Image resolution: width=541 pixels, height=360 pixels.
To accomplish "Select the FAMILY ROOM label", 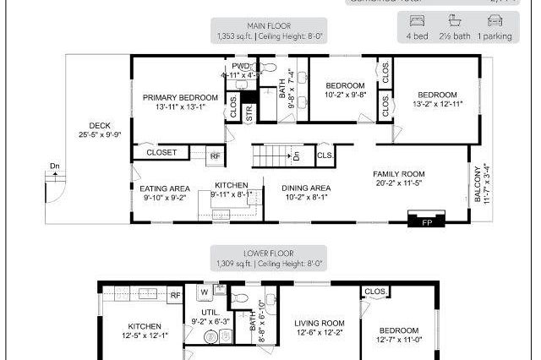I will [x=400, y=174].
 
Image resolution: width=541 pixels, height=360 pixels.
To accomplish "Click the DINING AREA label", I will [x=295, y=188].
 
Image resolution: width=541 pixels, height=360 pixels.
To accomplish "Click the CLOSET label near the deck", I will [x=161, y=153].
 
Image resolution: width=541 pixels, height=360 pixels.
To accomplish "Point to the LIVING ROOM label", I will [x=320, y=323].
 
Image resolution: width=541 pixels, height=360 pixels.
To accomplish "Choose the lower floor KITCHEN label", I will [x=144, y=326].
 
